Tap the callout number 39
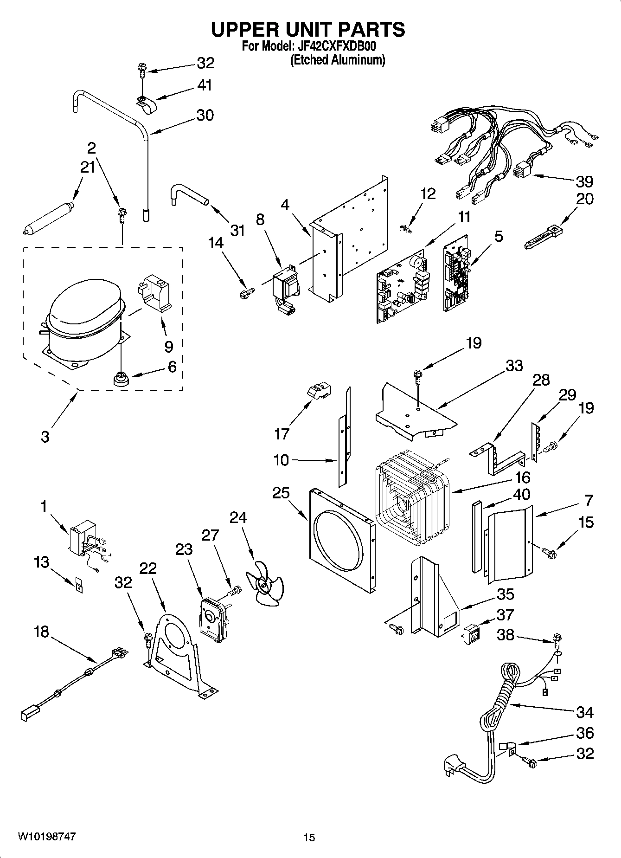tap(584, 181)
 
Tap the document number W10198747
tap(47, 837)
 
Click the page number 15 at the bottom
tap(309, 838)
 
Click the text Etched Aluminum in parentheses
tap(338, 60)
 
